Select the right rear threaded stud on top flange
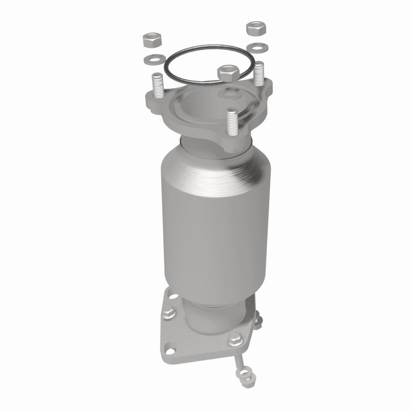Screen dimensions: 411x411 [x=259, y=71]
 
